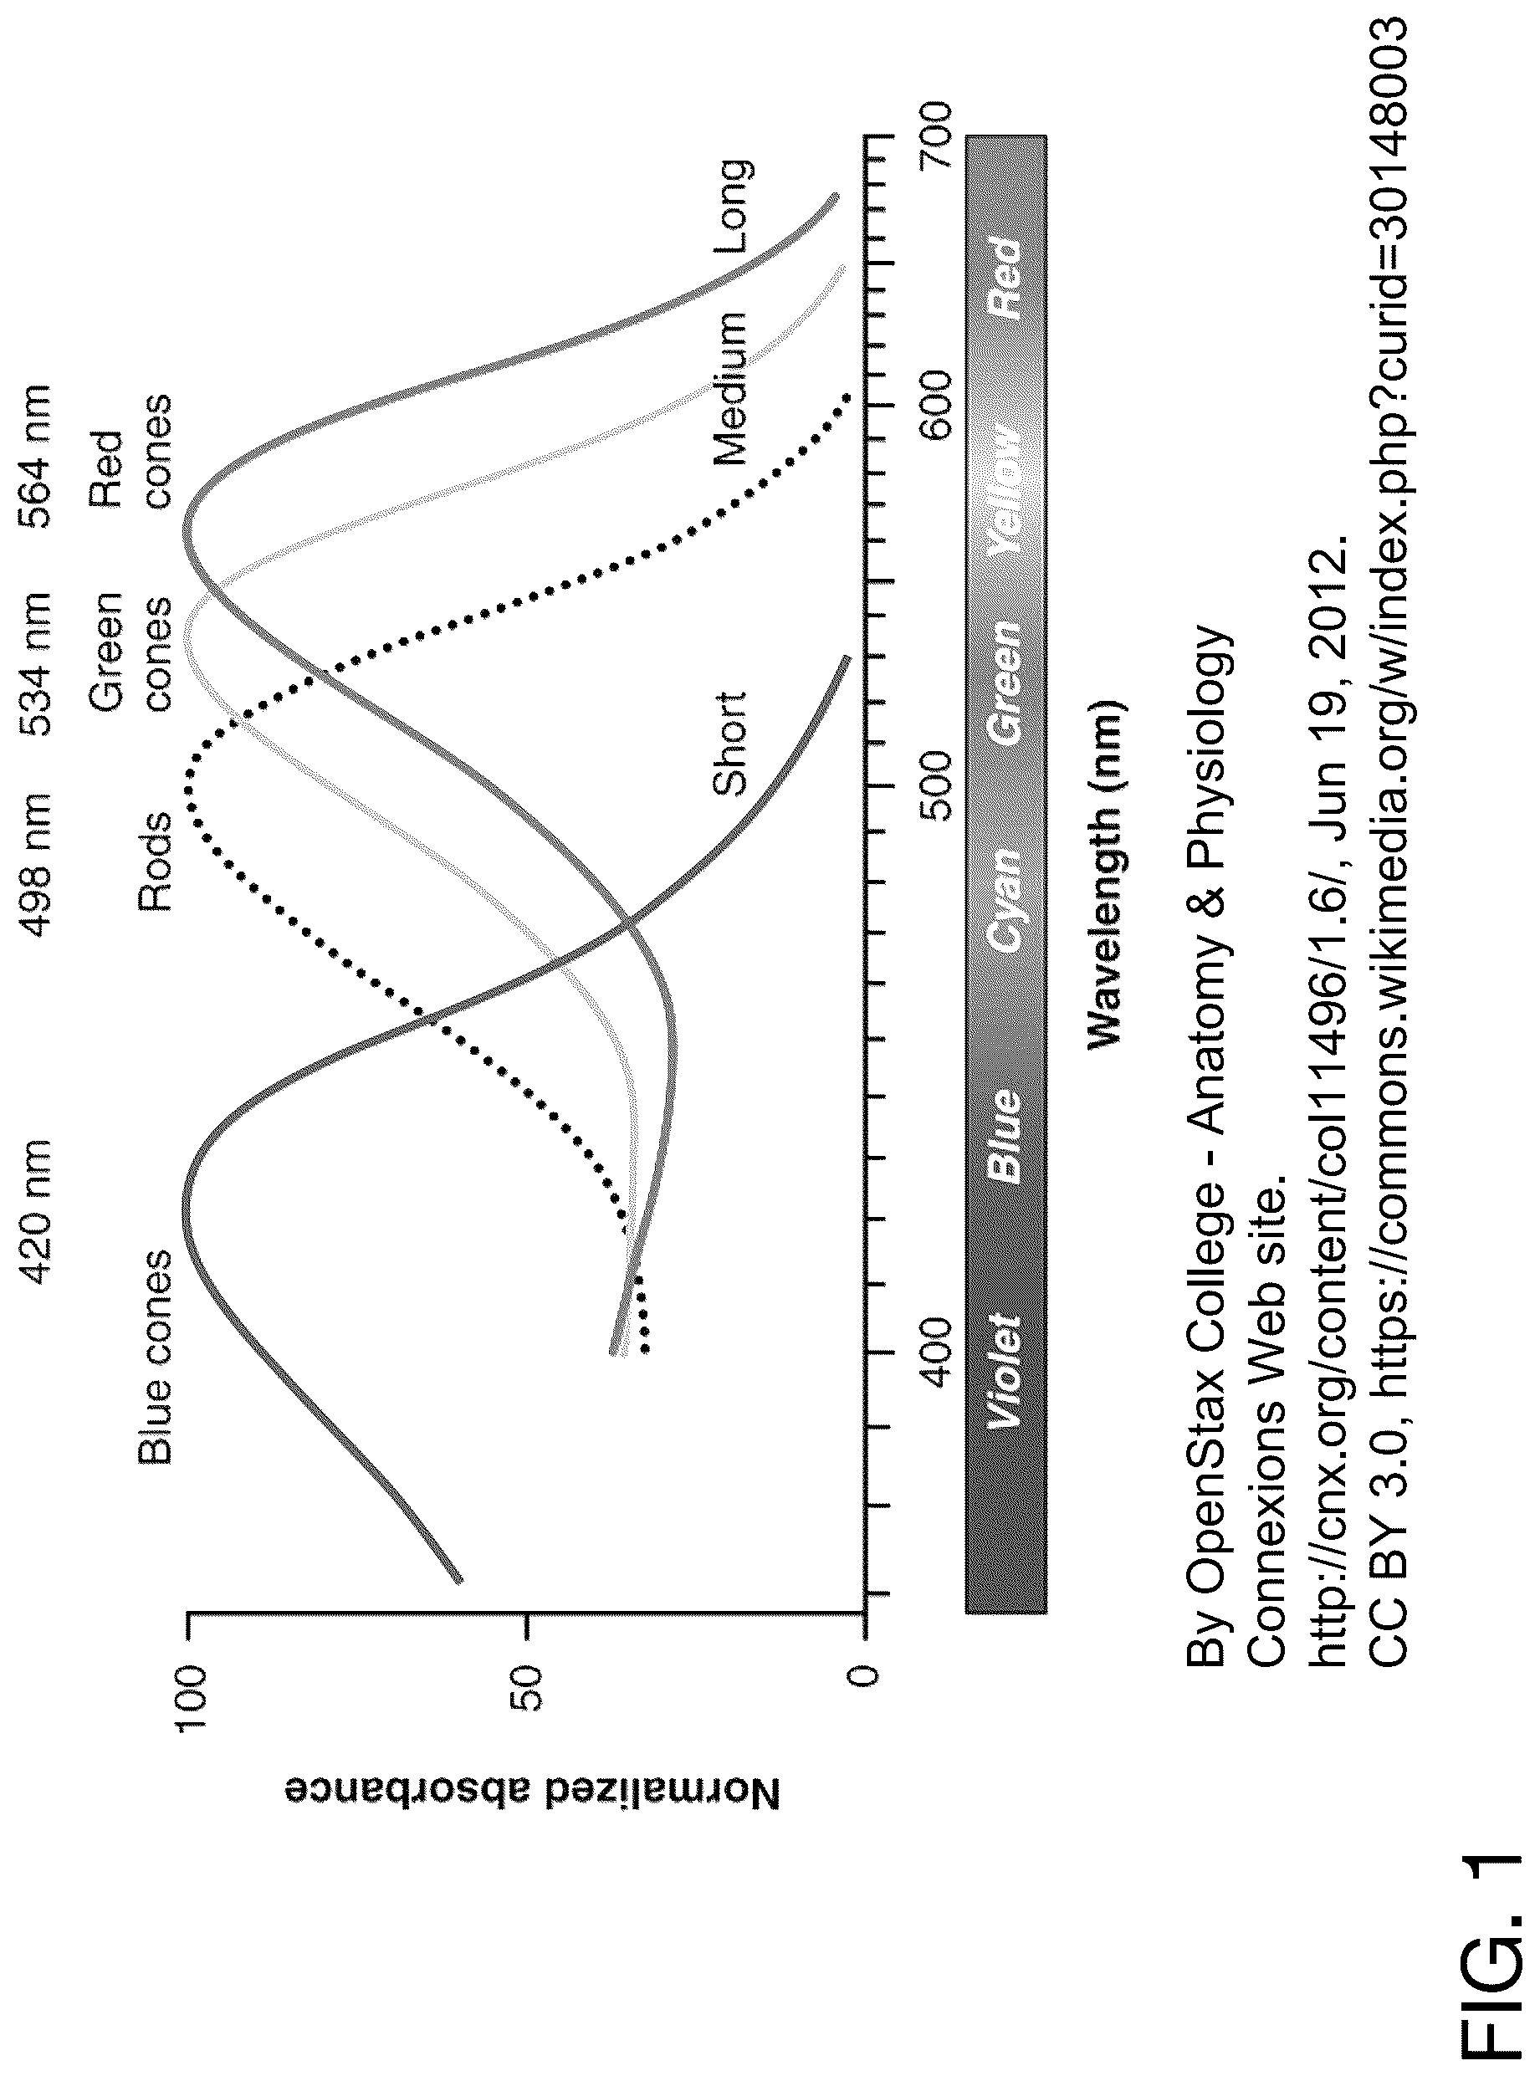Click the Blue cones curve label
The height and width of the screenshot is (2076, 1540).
click(x=155, y=1357)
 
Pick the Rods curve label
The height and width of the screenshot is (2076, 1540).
click(x=155, y=862)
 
